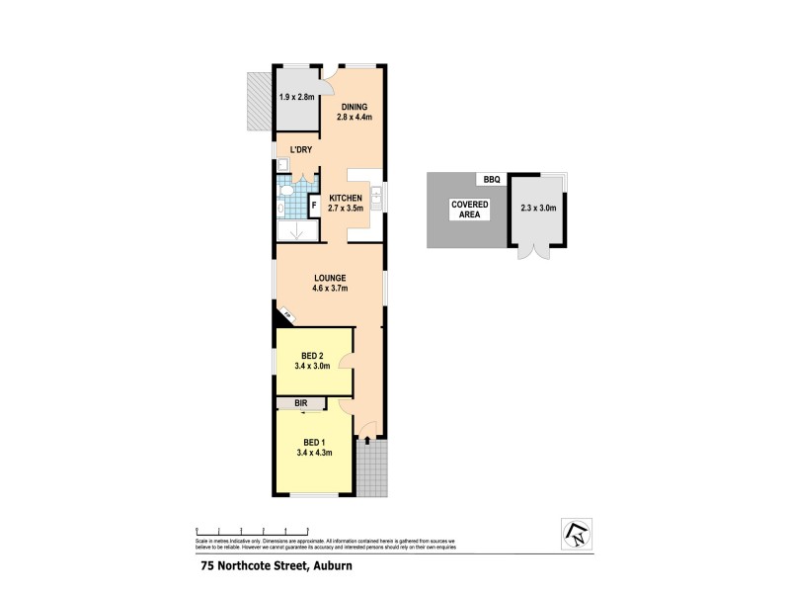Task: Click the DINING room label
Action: click(355, 107)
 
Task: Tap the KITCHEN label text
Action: click(346, 198)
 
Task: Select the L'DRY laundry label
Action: click(300, 150)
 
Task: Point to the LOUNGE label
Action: click(330, 280)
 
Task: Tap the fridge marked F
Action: click(314, 206)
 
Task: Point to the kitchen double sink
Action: click(379, 195)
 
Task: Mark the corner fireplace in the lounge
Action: click(286, 315)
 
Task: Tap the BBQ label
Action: click(492, 179)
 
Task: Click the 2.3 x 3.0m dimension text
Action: click(538, 209)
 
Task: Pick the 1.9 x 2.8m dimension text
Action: click(297, 97)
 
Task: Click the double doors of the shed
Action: click(538, 251)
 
